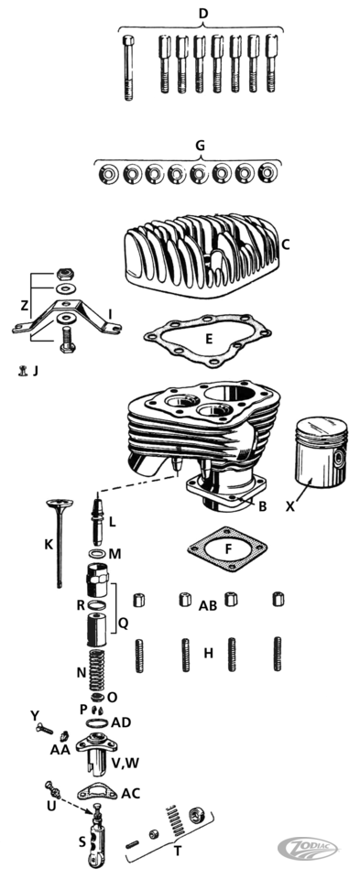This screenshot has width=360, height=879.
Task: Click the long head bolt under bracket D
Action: click(128, 67)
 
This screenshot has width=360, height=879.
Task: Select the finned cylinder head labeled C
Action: click(202, 255)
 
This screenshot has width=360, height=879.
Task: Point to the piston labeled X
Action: click(313, 451)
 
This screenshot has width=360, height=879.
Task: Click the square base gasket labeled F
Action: click(227, 549)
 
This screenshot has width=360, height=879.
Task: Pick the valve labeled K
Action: click(60, 542)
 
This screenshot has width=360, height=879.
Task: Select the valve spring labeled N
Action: click(98, 669)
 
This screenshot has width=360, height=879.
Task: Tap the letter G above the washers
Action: click(200, 146)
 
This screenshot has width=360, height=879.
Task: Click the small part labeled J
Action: click(23, 370)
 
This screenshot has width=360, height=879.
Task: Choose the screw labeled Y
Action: click(44, 730)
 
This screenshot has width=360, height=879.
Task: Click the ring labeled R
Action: click(97, 605)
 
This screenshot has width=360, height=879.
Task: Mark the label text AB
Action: click(209, 606)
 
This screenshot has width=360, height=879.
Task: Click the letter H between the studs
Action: click(208, 653)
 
